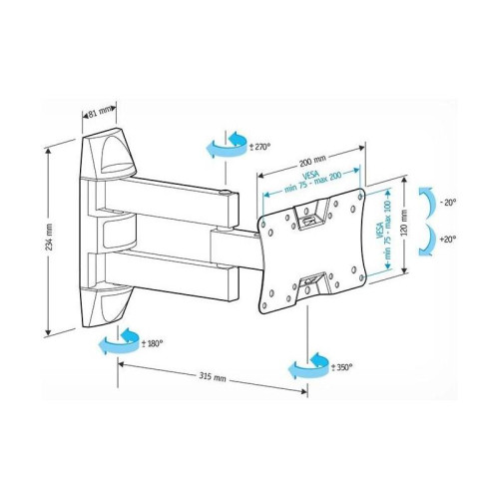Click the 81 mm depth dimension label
[98, 114]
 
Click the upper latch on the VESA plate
[315, 213]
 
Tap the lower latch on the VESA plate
[314, 282]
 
